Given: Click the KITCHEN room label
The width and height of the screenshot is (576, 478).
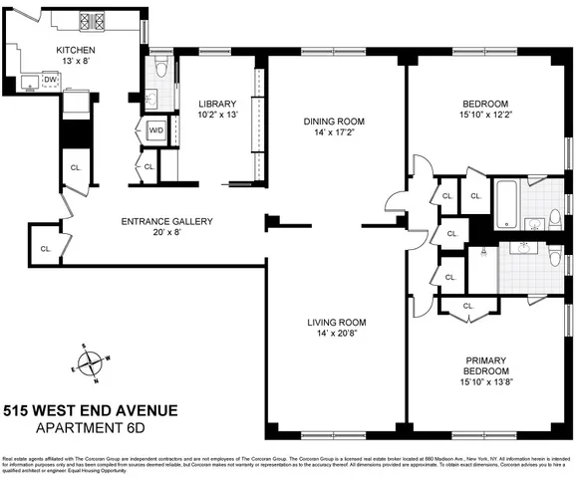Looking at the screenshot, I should (76, 49).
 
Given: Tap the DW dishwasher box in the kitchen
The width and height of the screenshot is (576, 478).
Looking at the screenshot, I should (49, 79).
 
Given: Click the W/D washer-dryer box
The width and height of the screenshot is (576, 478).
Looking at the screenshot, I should (155, 130).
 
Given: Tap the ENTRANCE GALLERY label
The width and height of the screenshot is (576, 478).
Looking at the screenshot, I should (167, 221).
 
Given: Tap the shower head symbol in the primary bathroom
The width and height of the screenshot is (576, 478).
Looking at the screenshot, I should (482, 253).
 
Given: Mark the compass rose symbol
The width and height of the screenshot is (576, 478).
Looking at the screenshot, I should (92, 363).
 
